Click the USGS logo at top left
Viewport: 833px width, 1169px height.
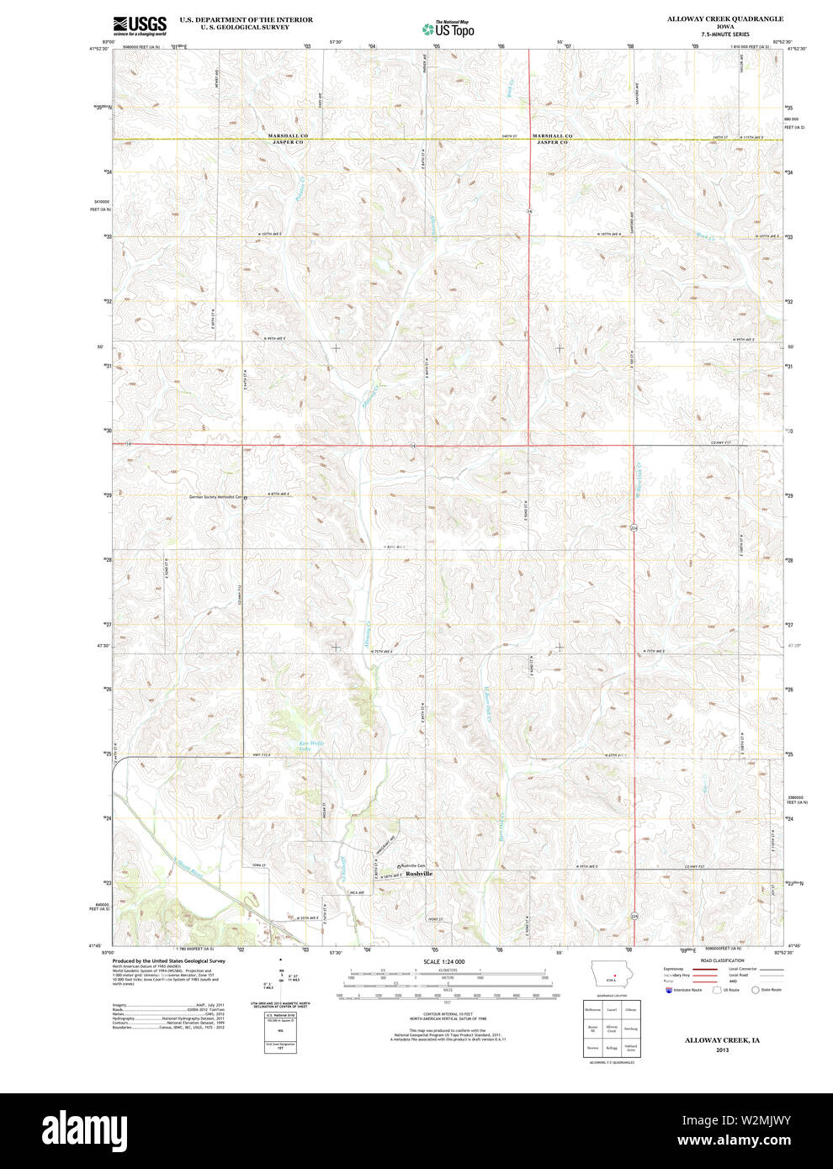click(140, 24)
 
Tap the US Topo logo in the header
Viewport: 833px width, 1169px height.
click(448, 29)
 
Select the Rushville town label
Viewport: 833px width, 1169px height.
click(419, 874)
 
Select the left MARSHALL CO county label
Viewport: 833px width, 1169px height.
click(288, 136)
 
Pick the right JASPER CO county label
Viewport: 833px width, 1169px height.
click(552, 143)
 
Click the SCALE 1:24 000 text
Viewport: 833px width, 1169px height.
click(444, 961)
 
